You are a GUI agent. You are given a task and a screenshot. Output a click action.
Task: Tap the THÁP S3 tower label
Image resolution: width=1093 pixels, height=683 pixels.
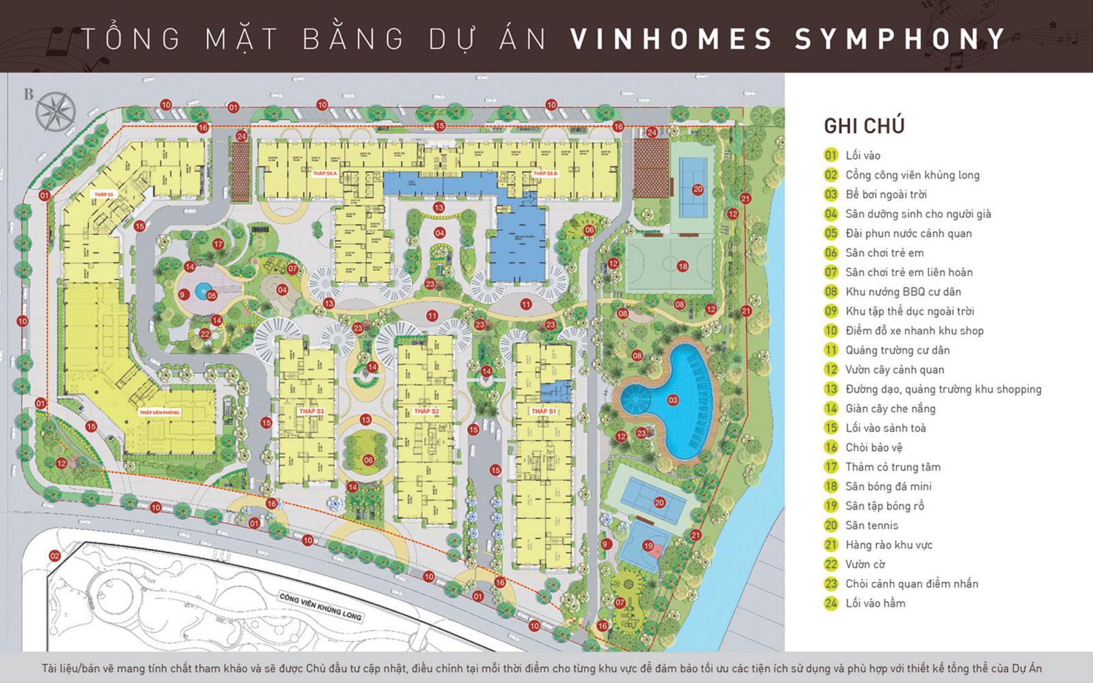(x=311, y=411)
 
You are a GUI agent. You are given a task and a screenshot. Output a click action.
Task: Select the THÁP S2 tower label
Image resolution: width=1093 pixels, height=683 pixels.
(x=426, y=411)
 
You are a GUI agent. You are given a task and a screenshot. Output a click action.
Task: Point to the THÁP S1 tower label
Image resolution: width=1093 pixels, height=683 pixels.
(x=544, y=411)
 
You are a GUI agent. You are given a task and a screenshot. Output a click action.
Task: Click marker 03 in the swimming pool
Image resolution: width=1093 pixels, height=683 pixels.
(x=673, y=400)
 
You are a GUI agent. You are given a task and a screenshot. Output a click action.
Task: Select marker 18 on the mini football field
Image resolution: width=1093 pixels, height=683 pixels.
(x=682, y=266)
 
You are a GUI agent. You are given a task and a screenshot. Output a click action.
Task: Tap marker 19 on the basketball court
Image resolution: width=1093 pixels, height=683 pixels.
(x=648, y=546)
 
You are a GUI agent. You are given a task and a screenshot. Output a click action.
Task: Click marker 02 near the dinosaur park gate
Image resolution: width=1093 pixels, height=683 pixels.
(x=55, y=556)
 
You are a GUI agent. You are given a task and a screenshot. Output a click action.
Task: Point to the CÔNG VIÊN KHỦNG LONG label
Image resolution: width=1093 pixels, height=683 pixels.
(x=320, y=606)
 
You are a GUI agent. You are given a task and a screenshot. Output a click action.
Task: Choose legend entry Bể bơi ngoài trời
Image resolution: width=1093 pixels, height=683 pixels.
(x=885, y=195)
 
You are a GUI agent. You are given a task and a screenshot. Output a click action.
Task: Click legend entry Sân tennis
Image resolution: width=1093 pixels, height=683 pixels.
(x=872, y=525)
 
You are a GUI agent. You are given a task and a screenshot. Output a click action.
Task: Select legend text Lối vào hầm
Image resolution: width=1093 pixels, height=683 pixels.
(x=875, y=603)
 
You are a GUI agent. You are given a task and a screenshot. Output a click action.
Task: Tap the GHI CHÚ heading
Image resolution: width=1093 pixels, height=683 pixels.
(x=863, y=126)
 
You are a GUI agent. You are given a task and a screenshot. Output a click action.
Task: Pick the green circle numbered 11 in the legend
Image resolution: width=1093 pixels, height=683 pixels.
(x=831, y=350)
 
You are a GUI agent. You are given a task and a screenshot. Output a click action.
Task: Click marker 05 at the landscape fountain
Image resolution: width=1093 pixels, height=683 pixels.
(x=211, y=296)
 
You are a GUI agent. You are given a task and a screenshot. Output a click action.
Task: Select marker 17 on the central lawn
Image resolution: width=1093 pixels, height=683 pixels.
(x=218, y=244)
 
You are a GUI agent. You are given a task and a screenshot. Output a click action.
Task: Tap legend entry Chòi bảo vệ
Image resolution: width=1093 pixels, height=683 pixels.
(x=874, y=447)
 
